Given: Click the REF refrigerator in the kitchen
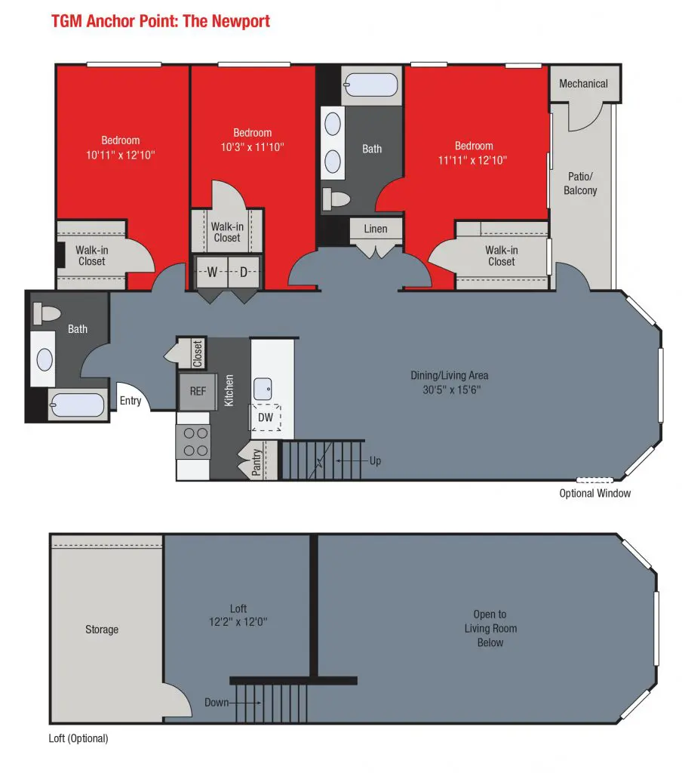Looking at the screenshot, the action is coord(198,392).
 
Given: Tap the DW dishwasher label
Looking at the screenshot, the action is coord(266,417).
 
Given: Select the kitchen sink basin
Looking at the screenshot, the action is coord(263,389).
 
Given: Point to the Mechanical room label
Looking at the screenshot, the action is coord(583,84).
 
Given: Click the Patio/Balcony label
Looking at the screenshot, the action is coord(580,183).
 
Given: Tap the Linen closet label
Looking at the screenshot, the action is coord(376,229).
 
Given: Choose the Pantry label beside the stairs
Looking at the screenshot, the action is coord(257,462).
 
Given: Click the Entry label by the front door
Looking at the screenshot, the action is coord(131,401).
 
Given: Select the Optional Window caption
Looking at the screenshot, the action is coord(594,493).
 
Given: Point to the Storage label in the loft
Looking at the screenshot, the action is coord(102,630).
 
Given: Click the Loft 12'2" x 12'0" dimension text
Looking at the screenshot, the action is coord(238,615).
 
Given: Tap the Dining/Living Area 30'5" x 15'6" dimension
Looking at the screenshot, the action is coord(450,383).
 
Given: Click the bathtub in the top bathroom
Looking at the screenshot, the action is coord(371,85).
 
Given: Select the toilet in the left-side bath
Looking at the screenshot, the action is coord(46,313).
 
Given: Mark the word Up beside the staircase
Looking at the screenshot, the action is coord(376,461).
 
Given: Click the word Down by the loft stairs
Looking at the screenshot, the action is coord(217,703).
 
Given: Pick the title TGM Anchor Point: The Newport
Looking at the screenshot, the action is coord(161,21).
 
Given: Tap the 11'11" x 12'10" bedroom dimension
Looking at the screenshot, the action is coord(472,160).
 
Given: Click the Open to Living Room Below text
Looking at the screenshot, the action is coord(490,629).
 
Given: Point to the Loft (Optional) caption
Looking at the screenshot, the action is coord(78,738).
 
